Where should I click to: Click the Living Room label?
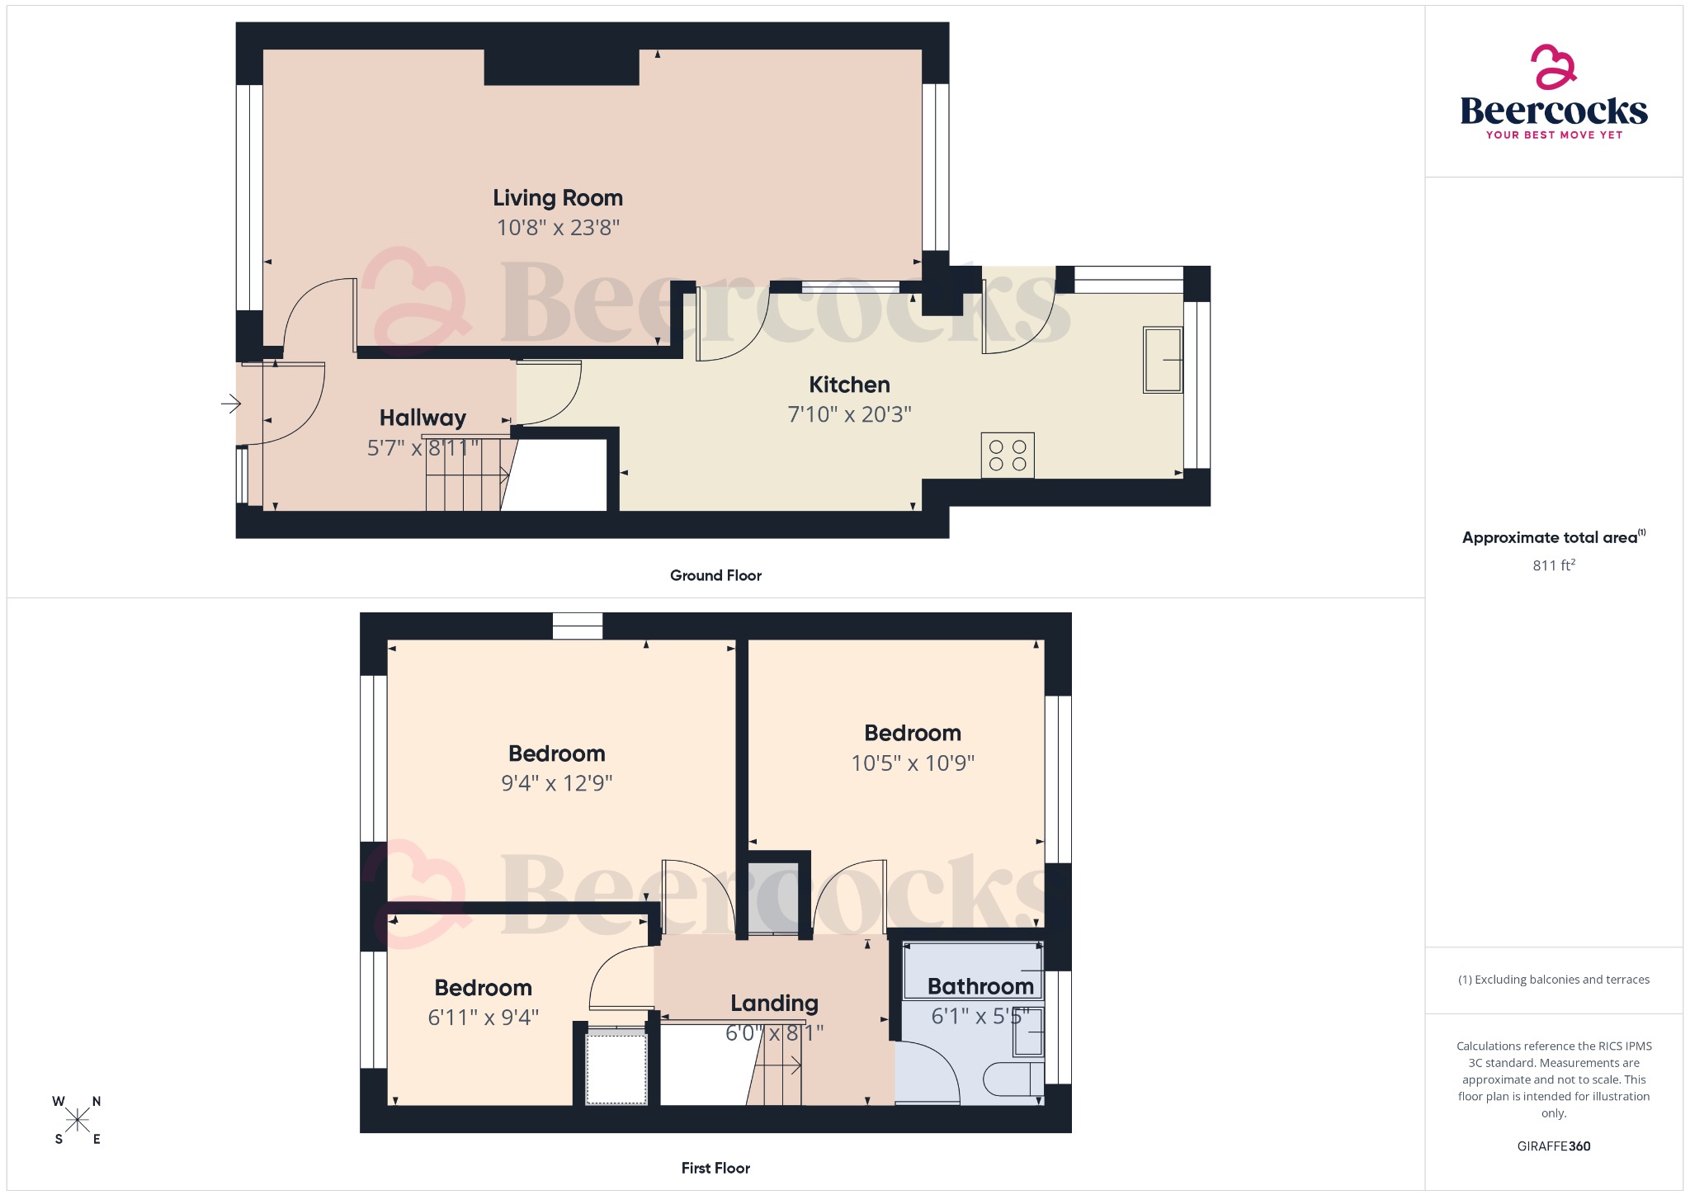point(558,198)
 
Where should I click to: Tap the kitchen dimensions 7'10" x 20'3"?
point(849,414)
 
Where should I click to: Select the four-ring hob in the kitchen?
point(1008,456)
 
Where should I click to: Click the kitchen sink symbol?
point(1162,360)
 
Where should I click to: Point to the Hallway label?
point(422,418)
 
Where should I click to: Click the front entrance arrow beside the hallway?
point(230,404)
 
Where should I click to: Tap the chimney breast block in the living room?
point(561,67)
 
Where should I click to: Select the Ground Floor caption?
point(715,575)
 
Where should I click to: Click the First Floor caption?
point(715,1168)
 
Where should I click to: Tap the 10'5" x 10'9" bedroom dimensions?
point(913,763)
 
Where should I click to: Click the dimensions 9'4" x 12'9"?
point(557,783)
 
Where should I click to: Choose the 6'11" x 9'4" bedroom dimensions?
point(484,1018)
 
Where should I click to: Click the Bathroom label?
point(980,986)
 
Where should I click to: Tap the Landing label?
point(774,1003)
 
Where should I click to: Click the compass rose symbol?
point(78,1120)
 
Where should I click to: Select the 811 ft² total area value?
point(1554,565)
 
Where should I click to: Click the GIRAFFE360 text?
point(1554,1146)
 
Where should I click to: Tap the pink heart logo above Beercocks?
point(1554,67)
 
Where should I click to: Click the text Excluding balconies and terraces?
point(1554,980)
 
